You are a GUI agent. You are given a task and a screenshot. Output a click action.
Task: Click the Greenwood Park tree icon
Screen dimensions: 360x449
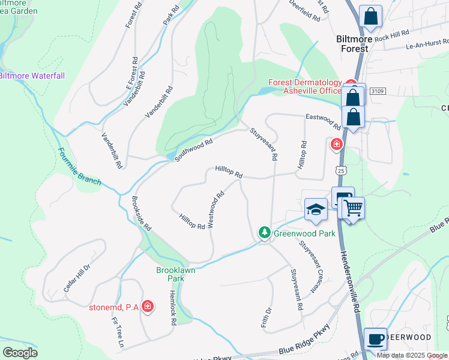click(x=264, y=232)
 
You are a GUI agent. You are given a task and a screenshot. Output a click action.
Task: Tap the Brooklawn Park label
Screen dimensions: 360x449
click(x=175, y=274)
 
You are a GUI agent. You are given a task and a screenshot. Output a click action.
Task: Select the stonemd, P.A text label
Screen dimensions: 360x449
click(x=114, y=308)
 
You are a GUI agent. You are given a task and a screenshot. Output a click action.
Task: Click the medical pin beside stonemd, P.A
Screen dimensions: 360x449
click(x=147, y=307)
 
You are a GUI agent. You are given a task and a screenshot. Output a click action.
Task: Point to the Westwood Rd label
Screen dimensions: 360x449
click(x=215, y=209)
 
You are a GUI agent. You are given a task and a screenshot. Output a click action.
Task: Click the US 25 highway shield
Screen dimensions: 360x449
click(x=342, y=171)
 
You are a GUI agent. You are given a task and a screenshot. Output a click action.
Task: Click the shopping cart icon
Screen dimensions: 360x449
click(x=354, y=208)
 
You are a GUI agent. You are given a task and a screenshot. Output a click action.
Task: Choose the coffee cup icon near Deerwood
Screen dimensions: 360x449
click(x=375, y=339)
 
